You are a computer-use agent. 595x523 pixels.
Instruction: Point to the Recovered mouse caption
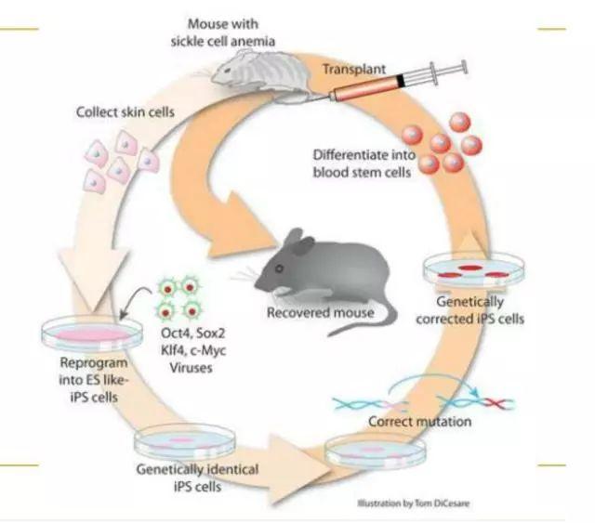(320, 313)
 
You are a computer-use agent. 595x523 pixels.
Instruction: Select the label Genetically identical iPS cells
(197, 477)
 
